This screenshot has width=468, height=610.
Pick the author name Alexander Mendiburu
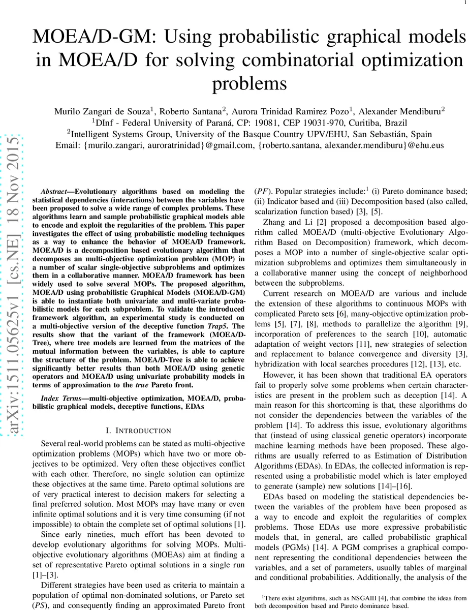(x=401, y=111)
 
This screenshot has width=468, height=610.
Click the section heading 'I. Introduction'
(x=131, y=430)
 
